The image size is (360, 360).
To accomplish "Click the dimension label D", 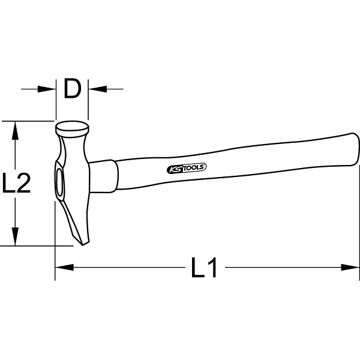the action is (x=73, y=89).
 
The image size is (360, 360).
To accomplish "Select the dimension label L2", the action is (x=16, y=182).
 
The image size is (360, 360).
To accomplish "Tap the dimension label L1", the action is (x=204, y=268).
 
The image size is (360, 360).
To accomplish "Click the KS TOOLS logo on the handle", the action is (x=187, y=168).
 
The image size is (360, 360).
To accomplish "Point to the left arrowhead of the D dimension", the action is (x=47, y=89).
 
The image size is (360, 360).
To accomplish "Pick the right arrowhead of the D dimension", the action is (x=98, y=89).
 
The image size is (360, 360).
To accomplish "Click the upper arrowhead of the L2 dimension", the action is (x=15, y=130).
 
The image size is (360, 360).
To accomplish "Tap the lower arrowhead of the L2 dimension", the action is (x=15, y=236).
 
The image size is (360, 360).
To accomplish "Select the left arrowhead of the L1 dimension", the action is (x=65, y=267).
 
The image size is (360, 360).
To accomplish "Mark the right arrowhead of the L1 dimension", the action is (x=350, y=267).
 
